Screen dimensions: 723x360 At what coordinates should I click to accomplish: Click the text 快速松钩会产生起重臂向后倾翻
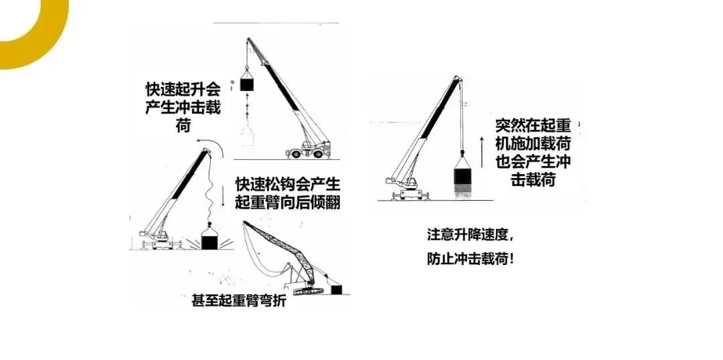click(288, 192)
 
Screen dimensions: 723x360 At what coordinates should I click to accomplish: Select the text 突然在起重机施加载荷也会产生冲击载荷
click(533, 153)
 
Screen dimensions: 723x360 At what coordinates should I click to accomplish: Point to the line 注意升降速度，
click(471, 236)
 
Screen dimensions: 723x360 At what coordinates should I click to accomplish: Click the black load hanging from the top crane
click(248, 85)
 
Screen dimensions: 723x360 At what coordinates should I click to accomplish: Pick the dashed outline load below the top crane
click(248, 136)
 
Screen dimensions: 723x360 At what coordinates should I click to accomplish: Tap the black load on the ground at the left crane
click(210, 241)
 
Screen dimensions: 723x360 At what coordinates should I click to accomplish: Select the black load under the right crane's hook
click(463, 176)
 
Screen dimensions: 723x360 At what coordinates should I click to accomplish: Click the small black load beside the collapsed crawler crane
click(335, 289)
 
